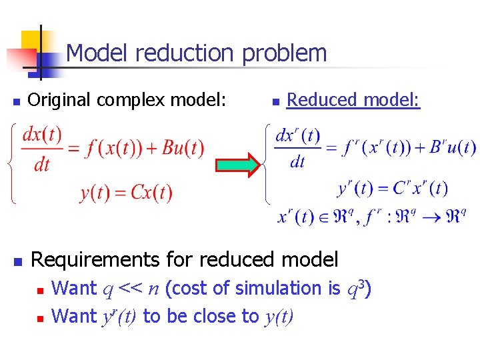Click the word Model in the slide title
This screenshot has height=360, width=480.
tap(94, 53)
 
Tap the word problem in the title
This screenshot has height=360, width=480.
tap(285, 53)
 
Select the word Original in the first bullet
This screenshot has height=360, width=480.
tap(62, 100)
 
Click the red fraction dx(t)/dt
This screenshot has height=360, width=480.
tap(42, 148)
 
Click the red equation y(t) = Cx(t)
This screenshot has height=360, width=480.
tap(126, 193)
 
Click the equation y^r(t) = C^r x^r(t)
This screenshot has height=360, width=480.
tap(393, 189)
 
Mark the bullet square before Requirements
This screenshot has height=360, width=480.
tap(19, 260)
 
